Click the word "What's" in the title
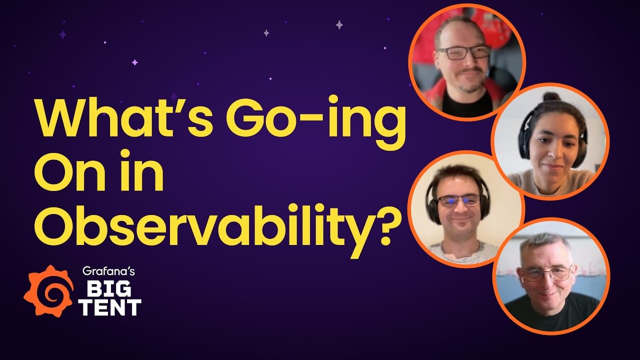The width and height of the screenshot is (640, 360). (x=123, y=117)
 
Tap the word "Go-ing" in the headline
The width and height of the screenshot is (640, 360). (x=315, y=123)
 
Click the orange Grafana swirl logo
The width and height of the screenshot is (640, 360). (x=48, y=291)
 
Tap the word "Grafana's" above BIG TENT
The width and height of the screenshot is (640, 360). (x=108, y=271)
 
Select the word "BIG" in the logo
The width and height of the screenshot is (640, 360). (x=109, y=288)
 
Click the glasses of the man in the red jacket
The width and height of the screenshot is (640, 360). (x=463, y=52)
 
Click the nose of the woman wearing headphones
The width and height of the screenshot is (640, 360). (x=552, y=151)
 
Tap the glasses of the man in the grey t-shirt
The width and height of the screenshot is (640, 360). (x=459, y=200)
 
